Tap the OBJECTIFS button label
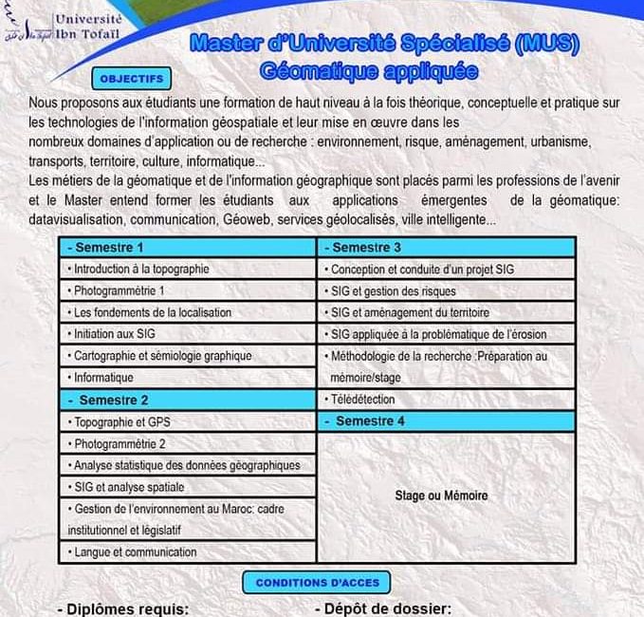click(131, 78)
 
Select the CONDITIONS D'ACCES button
click(318, 582)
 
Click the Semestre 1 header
click(189, 247)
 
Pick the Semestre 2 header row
click(189, 400)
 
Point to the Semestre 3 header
click(446, 247)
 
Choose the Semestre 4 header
click(446, 421)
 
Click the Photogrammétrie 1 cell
click(189, 290)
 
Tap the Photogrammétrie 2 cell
click(189, 443)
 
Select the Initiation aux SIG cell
click(189, 334)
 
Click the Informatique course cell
click(189, 378)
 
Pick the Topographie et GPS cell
click(189, 421)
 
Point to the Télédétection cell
click(446, 400)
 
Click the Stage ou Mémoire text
click(441, 495)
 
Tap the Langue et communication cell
click(189, 552)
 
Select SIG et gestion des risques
click(446, 290)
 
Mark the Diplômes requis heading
click(124, 608)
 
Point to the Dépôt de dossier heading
click(382, 608)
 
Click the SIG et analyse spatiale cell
click(189, 487)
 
